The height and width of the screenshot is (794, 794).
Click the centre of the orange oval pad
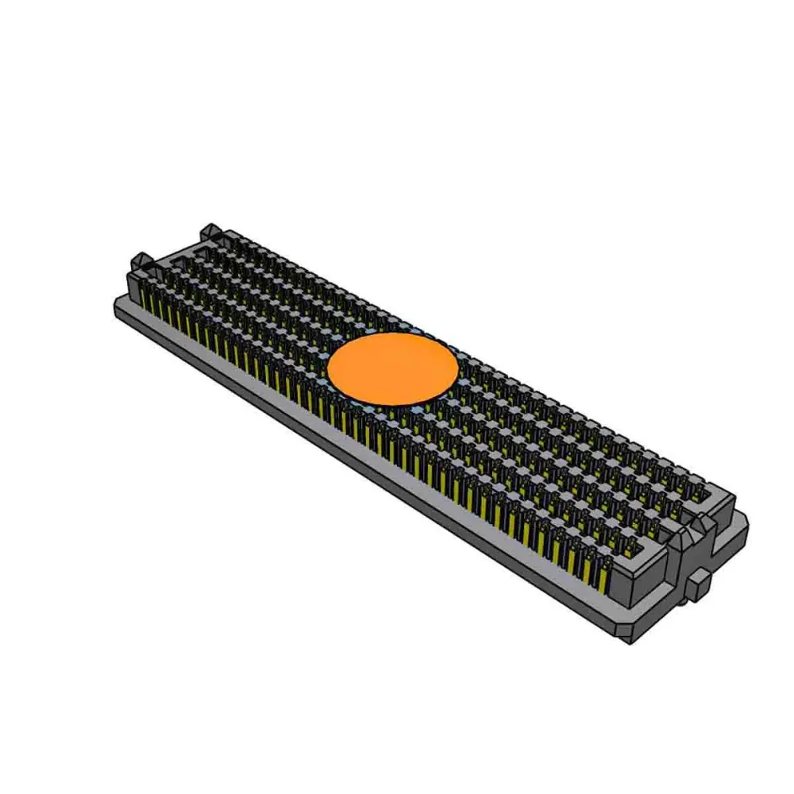(393, 368)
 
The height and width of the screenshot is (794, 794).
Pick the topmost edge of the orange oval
(393, 333)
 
